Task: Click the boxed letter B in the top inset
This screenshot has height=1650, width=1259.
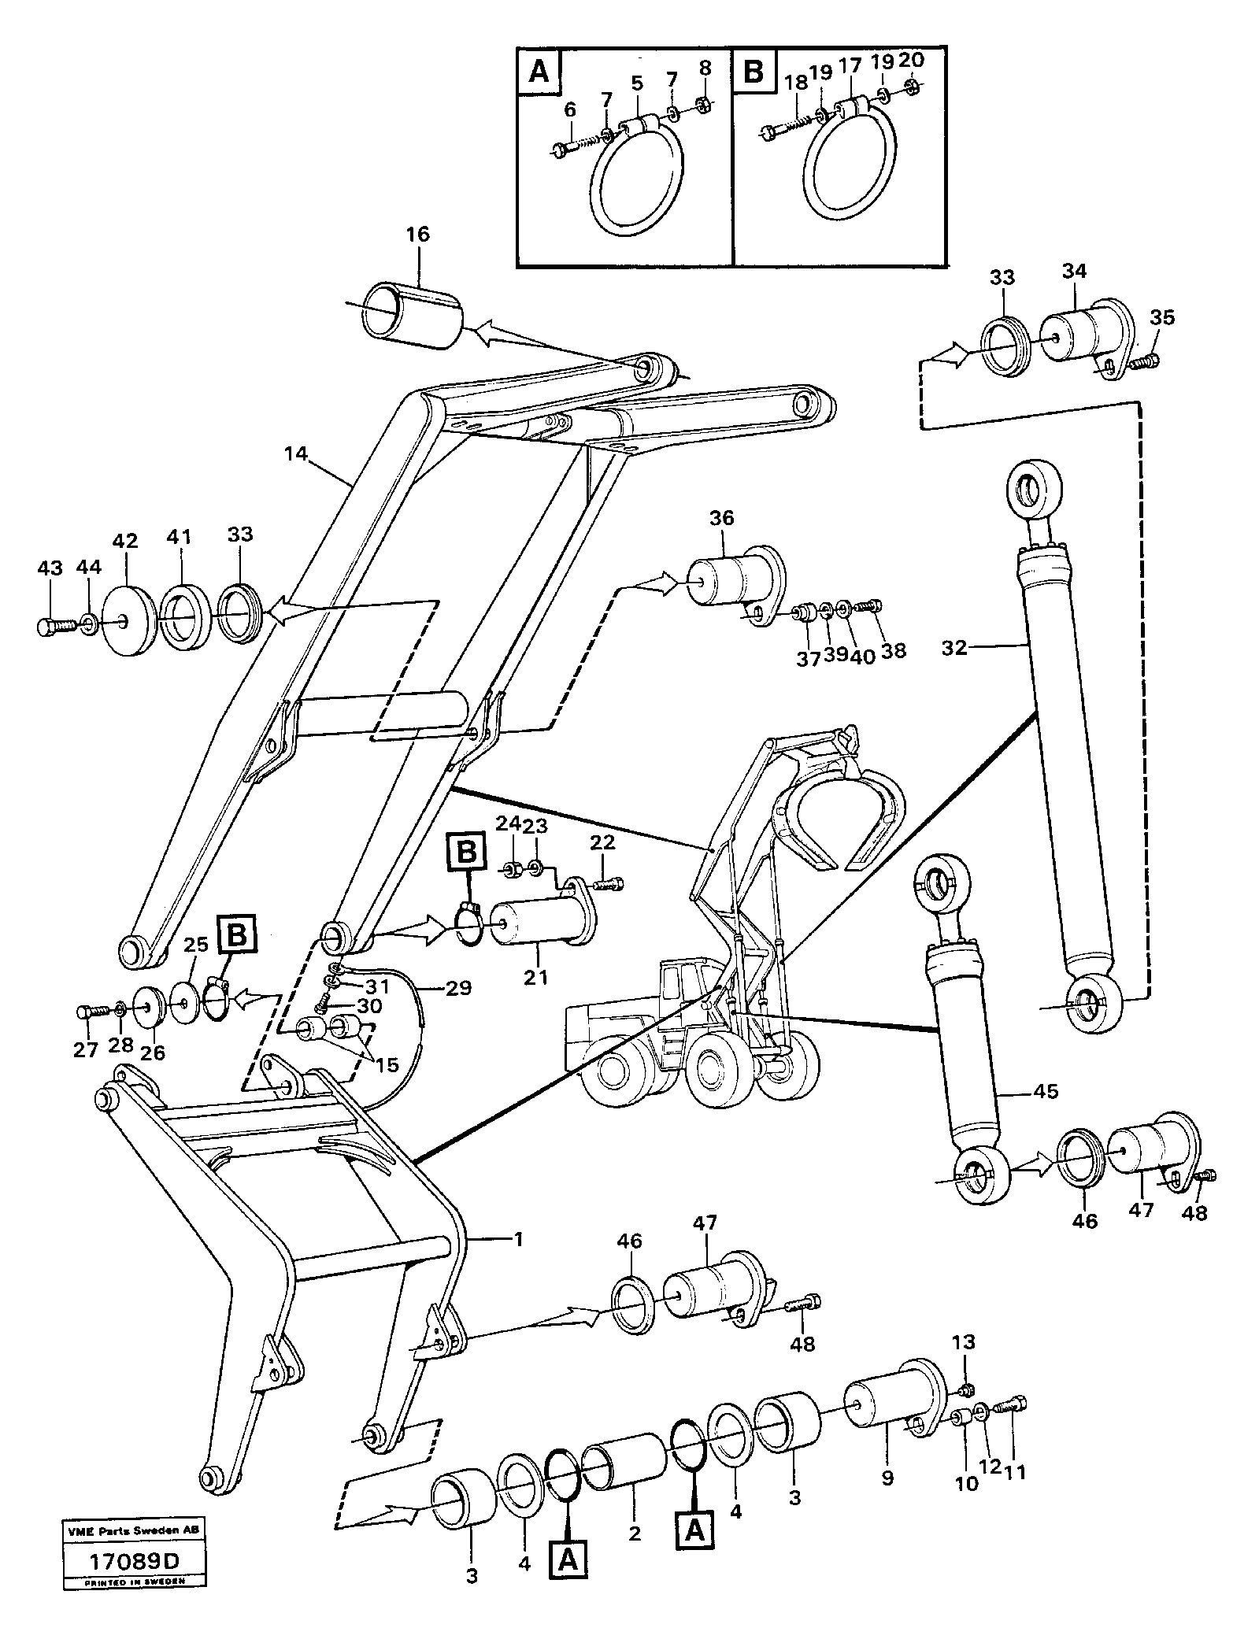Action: click(x=754, y=72)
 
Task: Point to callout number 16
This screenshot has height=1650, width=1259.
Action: click(x=418, y=235)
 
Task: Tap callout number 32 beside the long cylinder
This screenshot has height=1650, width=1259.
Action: click(x=954, y=647)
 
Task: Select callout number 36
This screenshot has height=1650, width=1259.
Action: click(x=721, y=518)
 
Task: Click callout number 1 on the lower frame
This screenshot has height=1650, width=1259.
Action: click(x=517, y=1238)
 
